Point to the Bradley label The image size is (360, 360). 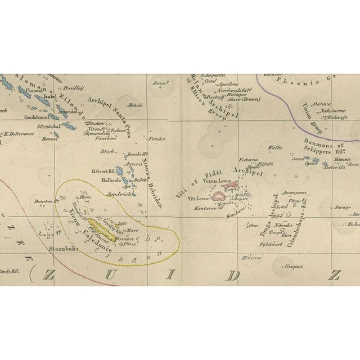tap(74, 88)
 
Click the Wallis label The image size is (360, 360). tap(275, 147)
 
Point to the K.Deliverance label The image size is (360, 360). tap(16, 134)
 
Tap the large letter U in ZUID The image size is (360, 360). tap(130, 276)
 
